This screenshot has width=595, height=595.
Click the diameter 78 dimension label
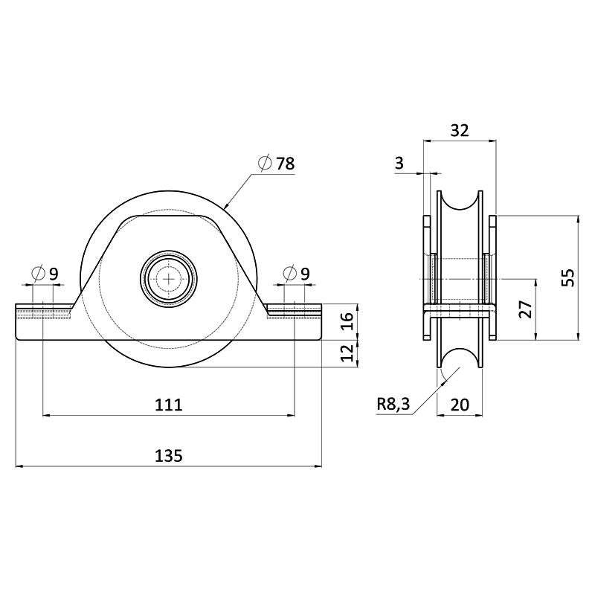pos(277,164)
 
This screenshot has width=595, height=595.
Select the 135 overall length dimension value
pos(169,456)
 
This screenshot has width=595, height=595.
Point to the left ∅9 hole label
pos(46,274)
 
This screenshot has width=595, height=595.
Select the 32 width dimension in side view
pos(460,130)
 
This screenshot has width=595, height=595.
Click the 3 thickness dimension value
pos(399,164)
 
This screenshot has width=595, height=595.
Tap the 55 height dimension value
pos(567,277)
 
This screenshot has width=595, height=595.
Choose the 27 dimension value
pos(525,309)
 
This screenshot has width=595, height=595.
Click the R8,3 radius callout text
pos(393,404)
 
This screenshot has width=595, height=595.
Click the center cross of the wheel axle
pos(170,279)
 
